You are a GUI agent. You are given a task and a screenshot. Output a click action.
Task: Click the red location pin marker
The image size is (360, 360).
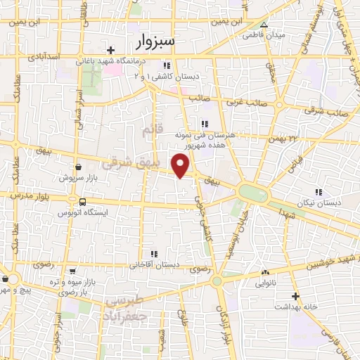(181, 165)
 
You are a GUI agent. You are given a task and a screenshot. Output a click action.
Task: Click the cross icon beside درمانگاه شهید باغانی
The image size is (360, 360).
(111, 49)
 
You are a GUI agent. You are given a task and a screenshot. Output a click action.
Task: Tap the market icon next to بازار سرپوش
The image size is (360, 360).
(77, 167)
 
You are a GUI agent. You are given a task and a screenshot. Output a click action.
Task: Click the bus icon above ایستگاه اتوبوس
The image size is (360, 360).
(82, 200)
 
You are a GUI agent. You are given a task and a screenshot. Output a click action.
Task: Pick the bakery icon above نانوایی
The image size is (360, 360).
(265, 273)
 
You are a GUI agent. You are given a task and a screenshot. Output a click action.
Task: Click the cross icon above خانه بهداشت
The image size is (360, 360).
(295, 296)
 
